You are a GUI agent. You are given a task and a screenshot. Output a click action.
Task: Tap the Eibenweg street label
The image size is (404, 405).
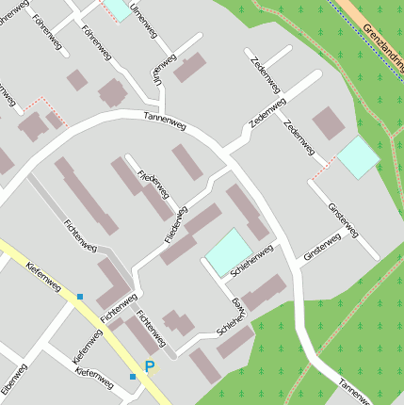pos(13,381)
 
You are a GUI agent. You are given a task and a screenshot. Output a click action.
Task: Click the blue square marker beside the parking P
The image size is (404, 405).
pos(133,377)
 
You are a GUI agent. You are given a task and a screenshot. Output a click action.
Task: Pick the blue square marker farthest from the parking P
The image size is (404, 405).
pos(80,297)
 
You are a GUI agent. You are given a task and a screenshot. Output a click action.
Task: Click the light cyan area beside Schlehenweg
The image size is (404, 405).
pos(229,252)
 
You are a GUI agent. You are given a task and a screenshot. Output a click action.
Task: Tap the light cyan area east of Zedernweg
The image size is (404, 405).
pos(358,157)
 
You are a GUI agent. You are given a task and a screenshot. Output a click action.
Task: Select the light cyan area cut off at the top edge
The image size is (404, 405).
pos(118,8)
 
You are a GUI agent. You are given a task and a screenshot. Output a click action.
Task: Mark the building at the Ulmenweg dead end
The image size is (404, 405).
pos(189,67)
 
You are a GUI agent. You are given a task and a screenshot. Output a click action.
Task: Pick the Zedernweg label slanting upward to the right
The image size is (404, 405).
pos(267,113)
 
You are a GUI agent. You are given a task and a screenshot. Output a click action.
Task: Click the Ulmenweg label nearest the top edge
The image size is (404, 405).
pos(144,19)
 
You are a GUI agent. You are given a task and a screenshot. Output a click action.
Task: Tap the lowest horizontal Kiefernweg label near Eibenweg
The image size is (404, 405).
pos(94,380)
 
